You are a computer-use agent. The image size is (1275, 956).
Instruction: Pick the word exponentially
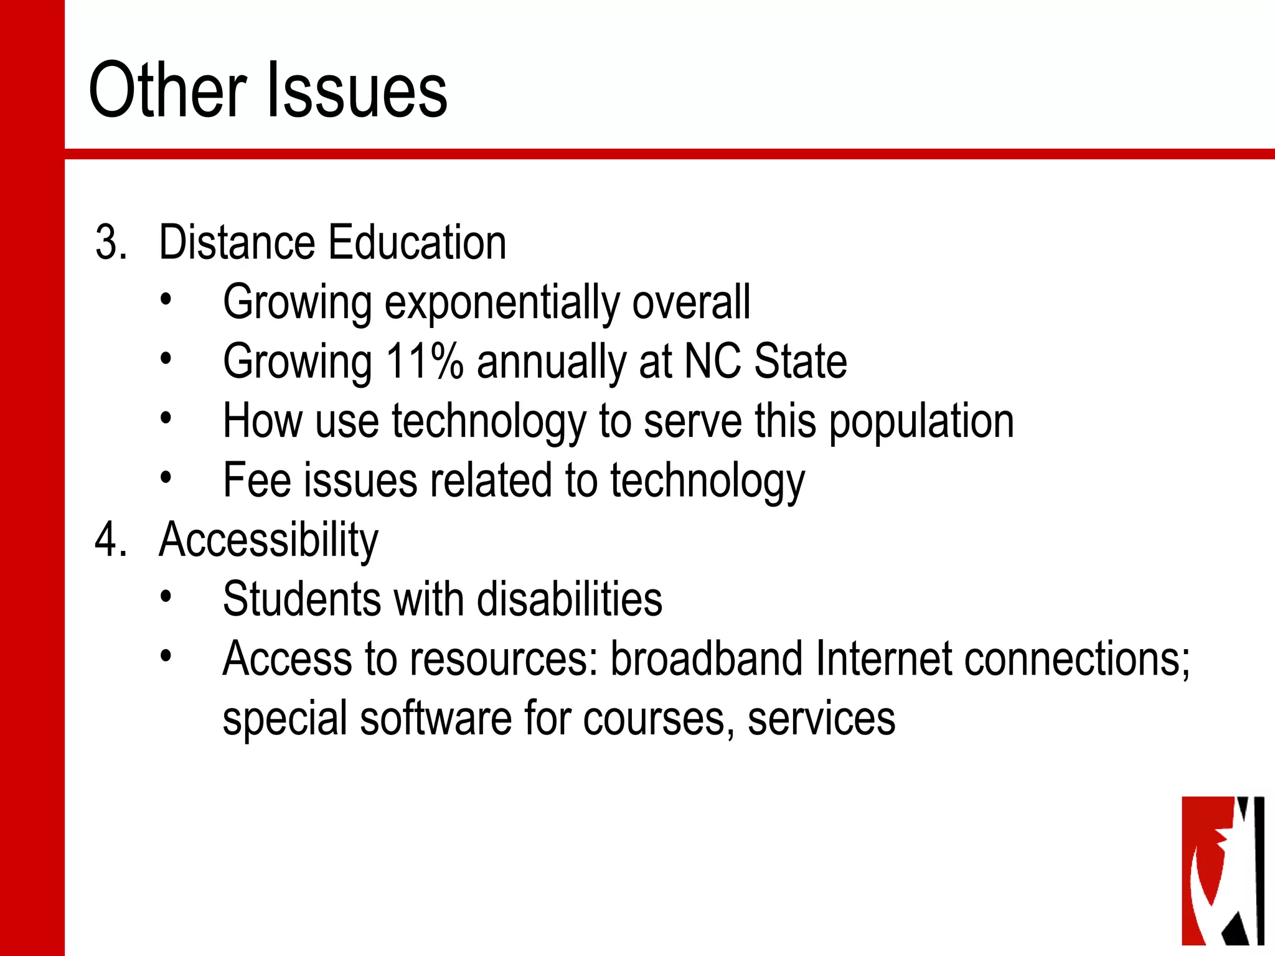click(502, 303)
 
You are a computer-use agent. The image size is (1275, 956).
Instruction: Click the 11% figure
click(424, 362)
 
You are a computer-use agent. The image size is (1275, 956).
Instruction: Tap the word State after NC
click(800, 362)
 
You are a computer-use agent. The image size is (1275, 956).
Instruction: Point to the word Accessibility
click(268, 541)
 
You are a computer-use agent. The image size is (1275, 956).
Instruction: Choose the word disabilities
click(570, 599)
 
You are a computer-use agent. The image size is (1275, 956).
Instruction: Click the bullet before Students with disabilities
click(165, 597)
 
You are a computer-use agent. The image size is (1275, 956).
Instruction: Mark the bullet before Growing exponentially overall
click(165, 300)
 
